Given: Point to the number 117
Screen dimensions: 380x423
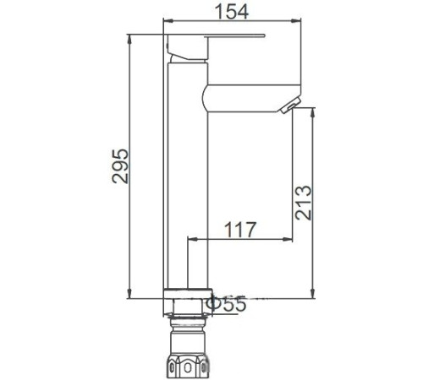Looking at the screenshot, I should point(239,228).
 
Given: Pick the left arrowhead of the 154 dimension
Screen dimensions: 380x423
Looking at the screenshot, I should point(166,21).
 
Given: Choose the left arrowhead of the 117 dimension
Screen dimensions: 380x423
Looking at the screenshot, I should point(190,239).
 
